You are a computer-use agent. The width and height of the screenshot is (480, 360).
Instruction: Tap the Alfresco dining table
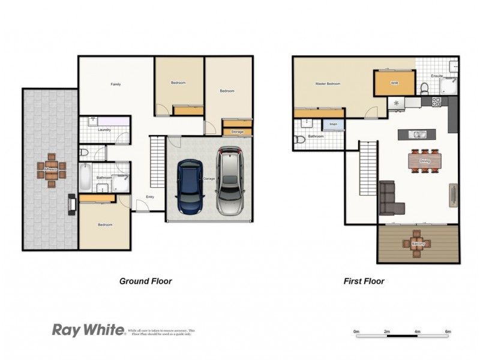point(50,170)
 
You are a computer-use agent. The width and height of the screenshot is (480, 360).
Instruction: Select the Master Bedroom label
point(328,84)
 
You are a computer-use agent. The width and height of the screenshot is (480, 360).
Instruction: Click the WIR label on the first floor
point(394,83)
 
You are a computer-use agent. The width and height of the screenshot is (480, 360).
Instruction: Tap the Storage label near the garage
point(237,131)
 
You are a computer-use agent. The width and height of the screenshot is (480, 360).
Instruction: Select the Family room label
point(116,85)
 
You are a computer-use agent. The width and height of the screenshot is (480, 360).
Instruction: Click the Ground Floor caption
point(145,281)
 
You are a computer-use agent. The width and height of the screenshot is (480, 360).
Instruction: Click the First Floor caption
point(364,281)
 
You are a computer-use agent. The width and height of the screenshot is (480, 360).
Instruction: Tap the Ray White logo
point(88,329)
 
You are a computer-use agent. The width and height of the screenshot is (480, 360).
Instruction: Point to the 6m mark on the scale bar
point(448,332)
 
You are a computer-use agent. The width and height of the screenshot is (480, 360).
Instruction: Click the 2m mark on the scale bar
point(387,332)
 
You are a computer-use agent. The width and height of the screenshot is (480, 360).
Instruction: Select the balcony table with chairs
point(418,244)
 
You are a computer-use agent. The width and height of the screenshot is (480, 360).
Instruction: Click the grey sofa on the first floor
point(391,199)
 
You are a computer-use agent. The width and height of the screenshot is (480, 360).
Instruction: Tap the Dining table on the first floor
point(425,161)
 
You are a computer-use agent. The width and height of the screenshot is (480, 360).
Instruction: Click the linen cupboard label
point(332,125)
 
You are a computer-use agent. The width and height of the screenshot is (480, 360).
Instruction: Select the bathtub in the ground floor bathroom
point(85,178)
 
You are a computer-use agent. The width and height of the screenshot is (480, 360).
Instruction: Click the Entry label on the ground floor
point(151,197)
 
